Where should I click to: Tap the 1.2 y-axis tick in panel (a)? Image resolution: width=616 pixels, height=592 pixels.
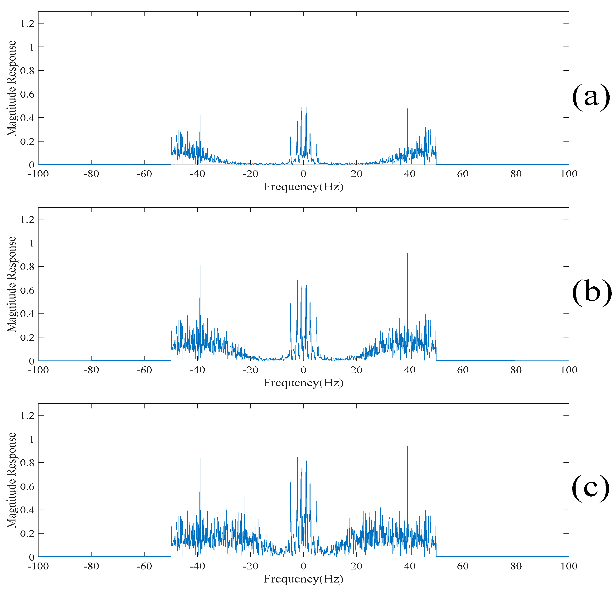(27, 24)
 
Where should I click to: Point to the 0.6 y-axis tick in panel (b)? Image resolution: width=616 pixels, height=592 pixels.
(27, 290)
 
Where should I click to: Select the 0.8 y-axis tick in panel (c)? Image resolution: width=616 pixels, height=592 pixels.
(27, 463)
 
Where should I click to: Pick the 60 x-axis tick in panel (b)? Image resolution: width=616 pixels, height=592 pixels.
(463, 370)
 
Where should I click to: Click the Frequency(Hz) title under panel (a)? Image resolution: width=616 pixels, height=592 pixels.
(303, 187)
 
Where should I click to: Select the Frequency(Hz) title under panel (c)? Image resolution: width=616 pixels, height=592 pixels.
(303, 579)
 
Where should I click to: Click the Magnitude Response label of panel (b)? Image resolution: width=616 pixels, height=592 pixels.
(12, 284)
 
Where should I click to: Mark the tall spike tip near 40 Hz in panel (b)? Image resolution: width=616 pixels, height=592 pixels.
(407, 254)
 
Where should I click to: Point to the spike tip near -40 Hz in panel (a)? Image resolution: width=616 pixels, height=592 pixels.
(200, 109)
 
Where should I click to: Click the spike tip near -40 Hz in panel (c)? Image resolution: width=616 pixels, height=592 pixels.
(200, 446)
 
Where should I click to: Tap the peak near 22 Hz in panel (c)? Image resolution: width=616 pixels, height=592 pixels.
(363, 496)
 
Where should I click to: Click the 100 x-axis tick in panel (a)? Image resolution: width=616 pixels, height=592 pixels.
(569, 174)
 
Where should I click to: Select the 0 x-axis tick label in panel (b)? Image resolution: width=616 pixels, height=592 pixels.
(303, 370)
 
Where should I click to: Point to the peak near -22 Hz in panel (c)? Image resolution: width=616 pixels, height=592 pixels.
(244, 496)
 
